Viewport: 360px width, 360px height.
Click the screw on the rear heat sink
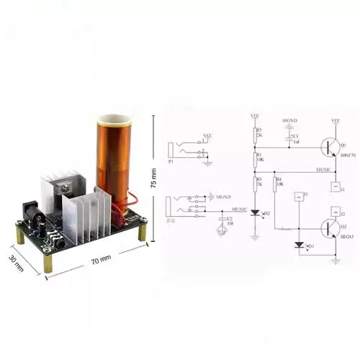pos(68,186)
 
